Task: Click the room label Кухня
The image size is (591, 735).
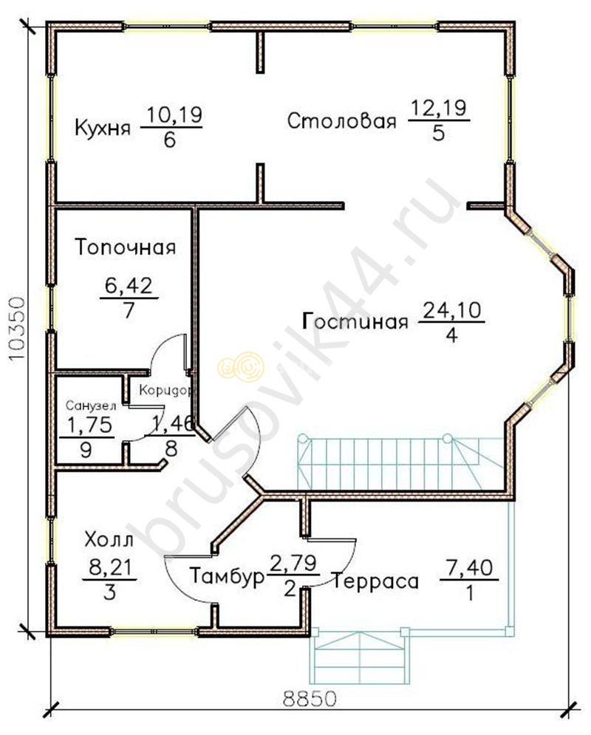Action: coord(103,128)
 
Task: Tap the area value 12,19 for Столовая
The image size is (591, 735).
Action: coord(439,109)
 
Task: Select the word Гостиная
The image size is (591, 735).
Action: coord(355,321)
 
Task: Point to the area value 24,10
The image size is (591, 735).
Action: coord(452,310)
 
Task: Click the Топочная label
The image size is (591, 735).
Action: coord(125,247)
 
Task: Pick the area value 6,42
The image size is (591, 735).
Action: coord(129,285)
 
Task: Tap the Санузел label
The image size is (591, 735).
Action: coord(91,405)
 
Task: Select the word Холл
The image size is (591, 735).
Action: coord(109,539)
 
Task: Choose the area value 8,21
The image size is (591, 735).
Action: coord(110,569)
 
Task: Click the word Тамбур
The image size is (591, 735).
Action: coord(227,575)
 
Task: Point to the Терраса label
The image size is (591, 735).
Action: coord(375,581)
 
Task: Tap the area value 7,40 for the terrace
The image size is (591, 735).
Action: coord(469,568)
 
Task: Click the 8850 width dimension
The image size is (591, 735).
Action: coord(310,699)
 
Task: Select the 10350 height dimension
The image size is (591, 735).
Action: coord(16,328)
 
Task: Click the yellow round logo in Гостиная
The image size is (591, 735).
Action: coord(240,366)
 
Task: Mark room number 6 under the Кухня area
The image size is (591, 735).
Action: coord(170,140)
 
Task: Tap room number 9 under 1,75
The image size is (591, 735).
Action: coord(86,451)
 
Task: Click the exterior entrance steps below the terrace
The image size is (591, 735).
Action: coord(360,656)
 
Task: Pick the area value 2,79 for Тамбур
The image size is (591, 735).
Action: coord(293,563)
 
